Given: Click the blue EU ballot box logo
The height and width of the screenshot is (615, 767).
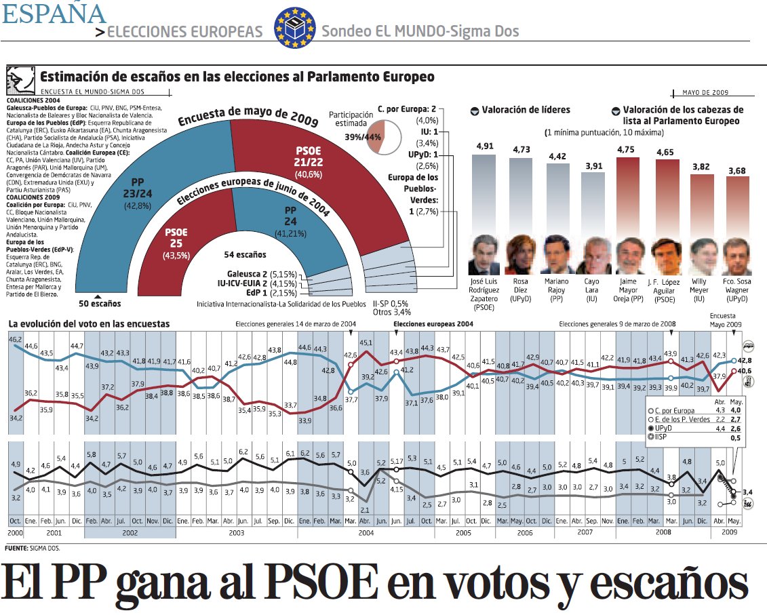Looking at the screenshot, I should pos(295,28).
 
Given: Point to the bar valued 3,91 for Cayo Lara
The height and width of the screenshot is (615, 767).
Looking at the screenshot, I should pos(592,203).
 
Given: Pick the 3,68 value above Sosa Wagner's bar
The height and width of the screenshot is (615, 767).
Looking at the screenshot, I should pos(736,170).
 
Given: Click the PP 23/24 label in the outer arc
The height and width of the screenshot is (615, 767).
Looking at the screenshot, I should pos(138,191).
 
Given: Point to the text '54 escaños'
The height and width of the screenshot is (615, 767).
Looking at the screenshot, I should pos(245,255).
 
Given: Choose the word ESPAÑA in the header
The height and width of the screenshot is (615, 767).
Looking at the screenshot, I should pos(54,14).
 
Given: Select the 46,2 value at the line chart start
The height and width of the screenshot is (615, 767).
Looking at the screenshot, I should pos(15,338).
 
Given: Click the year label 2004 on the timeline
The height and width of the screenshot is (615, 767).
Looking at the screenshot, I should pos(366,533).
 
